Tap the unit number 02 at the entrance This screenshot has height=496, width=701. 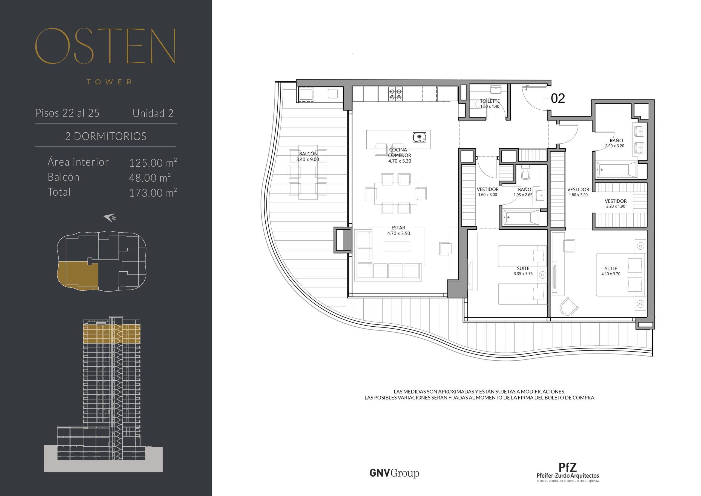point(558,98)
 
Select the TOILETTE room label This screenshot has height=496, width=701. point(490,104)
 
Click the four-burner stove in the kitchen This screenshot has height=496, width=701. point(395,94)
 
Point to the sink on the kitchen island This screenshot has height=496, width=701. point(420,137)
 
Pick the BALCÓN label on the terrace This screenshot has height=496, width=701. point(308,156)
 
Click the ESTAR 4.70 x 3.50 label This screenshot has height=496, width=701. point(398,231)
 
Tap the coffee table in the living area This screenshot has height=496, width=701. point(397,246)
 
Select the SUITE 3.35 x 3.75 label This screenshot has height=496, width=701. point(523,271)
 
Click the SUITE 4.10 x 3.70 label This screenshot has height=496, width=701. point(611,271)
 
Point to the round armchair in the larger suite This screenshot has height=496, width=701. point(569,306)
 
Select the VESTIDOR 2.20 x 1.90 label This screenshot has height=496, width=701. point(616,204)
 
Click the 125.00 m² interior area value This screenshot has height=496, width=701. point(153,163)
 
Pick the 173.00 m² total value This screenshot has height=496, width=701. point(153,193)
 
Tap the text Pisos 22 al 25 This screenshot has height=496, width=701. point(67,113)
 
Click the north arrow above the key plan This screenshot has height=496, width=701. point(110,218)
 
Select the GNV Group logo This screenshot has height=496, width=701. point(394,473)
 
